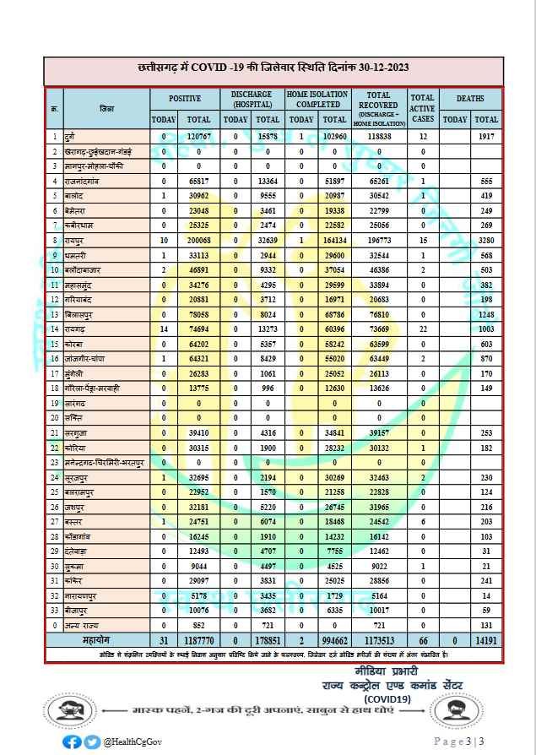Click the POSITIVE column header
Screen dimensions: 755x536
[185, 98]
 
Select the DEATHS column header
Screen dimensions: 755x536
[470, 98]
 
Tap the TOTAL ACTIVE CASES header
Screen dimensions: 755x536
[423, 109]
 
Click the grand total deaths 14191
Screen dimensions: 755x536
[485, 639]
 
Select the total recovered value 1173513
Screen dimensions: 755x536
[377, 639]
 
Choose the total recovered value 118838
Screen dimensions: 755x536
[377, 135]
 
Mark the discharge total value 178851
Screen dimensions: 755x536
[267, 639]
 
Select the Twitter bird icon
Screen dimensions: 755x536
[92, 741]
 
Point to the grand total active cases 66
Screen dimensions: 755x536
[423, 639]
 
